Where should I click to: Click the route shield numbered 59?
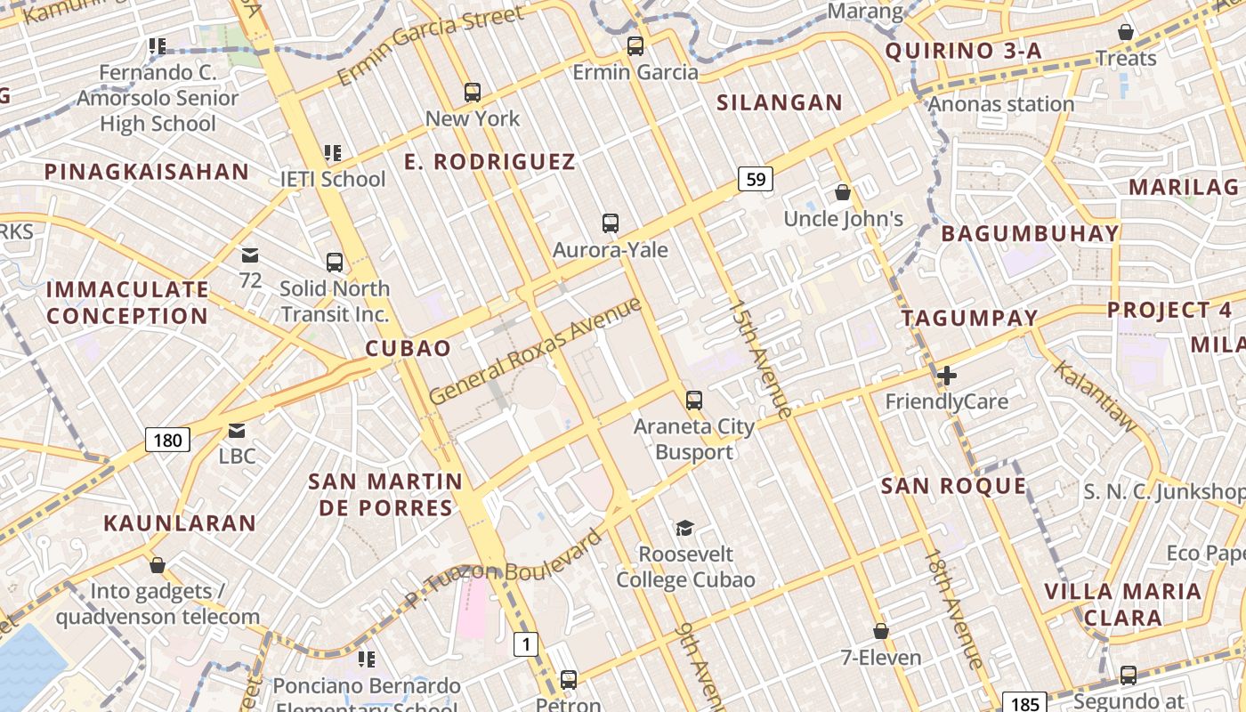pyautogui.click(x=756, y=180)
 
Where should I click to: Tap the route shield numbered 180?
pyautogui.click(x=167, y=440)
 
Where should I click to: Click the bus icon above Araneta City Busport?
pyautogui.click(x=694, y=400)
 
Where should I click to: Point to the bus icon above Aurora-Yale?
pyautogui.click(x=611, y=223)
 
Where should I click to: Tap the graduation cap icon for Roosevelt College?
pyautogui.click(x=684, y=529)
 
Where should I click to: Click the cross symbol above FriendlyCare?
pyautogui.click(x=947, y=376)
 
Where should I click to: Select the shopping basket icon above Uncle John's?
pyautogui.click(x=842, y=192)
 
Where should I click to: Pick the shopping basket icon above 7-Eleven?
pyautogui.click(x=881, y=631)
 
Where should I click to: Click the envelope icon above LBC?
pyautogui.click(x=237, y=431)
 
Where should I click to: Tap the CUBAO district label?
pyautogui.click(x=409, y=348)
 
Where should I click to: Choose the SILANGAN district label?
pyautogui.click(x=780, y=103)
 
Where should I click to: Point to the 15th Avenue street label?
pyautogui.click(x=759, y=358)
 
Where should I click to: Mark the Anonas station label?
pyautogui.click(x=1001, y=104)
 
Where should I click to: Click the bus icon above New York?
pyautogui.click(x=473, y=92)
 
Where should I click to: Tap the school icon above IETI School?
pyautogui.click(x=333, y=153)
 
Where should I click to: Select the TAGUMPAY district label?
pyautogui.click(x=969, y=319)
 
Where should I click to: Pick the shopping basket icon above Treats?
pyautogui.click(x=1126, y=32)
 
